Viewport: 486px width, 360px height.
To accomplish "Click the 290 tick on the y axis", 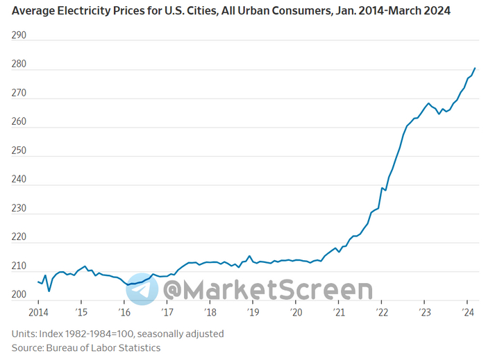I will tap(19, 35).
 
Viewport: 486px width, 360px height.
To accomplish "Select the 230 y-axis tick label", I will tap(19, 208).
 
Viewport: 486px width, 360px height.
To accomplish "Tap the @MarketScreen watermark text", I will tap(267, 290).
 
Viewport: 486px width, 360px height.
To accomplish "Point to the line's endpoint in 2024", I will tap(475, 68).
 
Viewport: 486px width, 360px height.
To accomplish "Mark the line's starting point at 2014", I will tap(37, 281).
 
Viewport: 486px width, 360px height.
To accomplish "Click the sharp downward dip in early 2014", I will tap(49, 291).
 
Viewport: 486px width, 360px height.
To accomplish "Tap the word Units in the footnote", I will tap(24, 334).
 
